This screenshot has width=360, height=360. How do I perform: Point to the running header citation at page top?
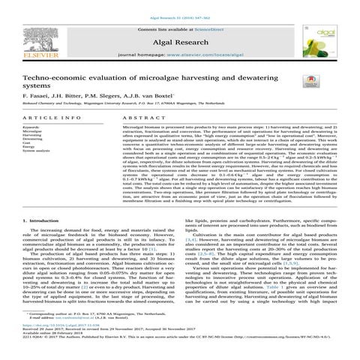point(179,4)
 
